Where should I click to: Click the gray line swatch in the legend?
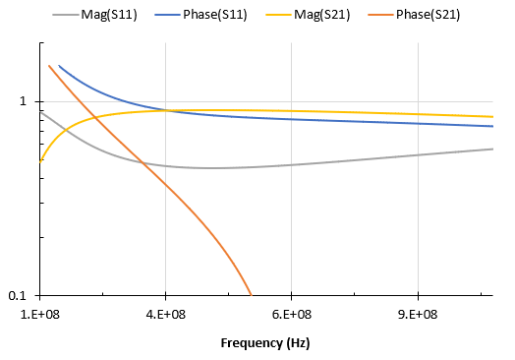point(64,15)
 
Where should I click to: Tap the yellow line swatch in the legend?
point(271,15)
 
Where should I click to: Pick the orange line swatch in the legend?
point(371,15)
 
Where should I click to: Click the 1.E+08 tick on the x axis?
point(40,314)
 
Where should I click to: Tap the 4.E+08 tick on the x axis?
point(165,314)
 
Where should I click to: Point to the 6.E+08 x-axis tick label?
point(292,314)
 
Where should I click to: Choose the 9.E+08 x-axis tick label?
point(418,314)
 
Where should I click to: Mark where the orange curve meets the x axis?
point(252,295)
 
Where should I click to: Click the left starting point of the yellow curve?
point(40,160)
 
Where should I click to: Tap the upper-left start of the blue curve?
point(59,66)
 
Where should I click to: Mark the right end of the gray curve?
point(493,149)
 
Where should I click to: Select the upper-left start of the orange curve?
point(49,66)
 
